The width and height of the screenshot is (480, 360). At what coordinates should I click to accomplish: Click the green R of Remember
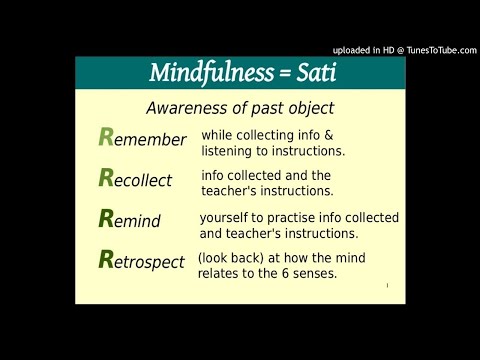click(107, 138)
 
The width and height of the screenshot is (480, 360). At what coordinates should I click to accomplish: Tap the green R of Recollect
click(107, 179)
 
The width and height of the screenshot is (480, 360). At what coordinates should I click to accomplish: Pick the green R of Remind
click(107, 219)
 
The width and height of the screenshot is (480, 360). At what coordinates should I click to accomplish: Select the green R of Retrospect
click(107, 260)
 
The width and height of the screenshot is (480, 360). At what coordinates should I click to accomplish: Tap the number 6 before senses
click(308, 273)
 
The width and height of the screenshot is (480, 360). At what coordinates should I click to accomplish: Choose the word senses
click(339, 273)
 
